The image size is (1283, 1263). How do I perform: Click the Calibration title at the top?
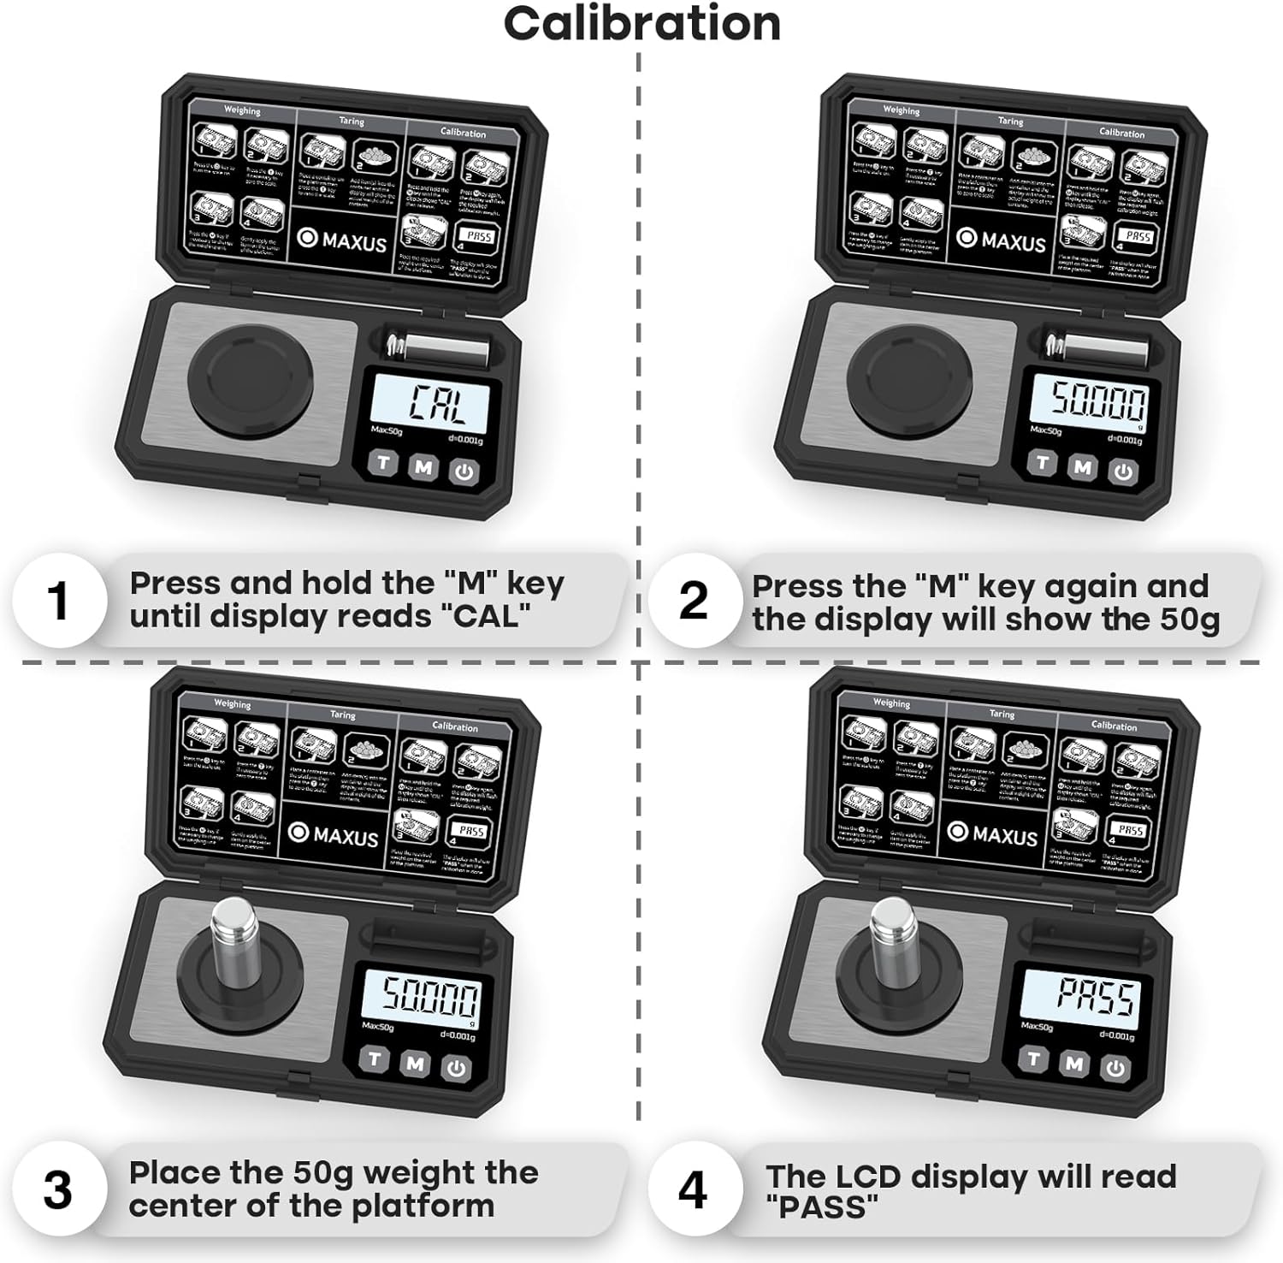pyautogui.click(x=641, y=24)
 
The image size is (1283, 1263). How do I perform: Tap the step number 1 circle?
pyautogui.click(x=58, y=600)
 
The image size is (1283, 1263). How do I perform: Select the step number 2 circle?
pyautogui.click(x=693, y=600)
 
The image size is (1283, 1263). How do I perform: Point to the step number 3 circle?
pyautogui.click(x=58, y=1189)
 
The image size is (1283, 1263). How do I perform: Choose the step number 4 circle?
pyautogui.click(x=693, y=1189)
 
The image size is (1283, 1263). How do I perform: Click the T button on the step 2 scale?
pyautogui.click(x=1042, y=463)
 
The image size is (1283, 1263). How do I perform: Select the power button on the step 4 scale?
pyautogui.click(x=1115, y=1068)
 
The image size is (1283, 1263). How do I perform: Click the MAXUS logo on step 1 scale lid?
pyautogui.click(x=343, y=240)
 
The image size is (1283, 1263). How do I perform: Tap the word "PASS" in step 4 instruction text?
pyautogui.click(x=821, y=1207)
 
